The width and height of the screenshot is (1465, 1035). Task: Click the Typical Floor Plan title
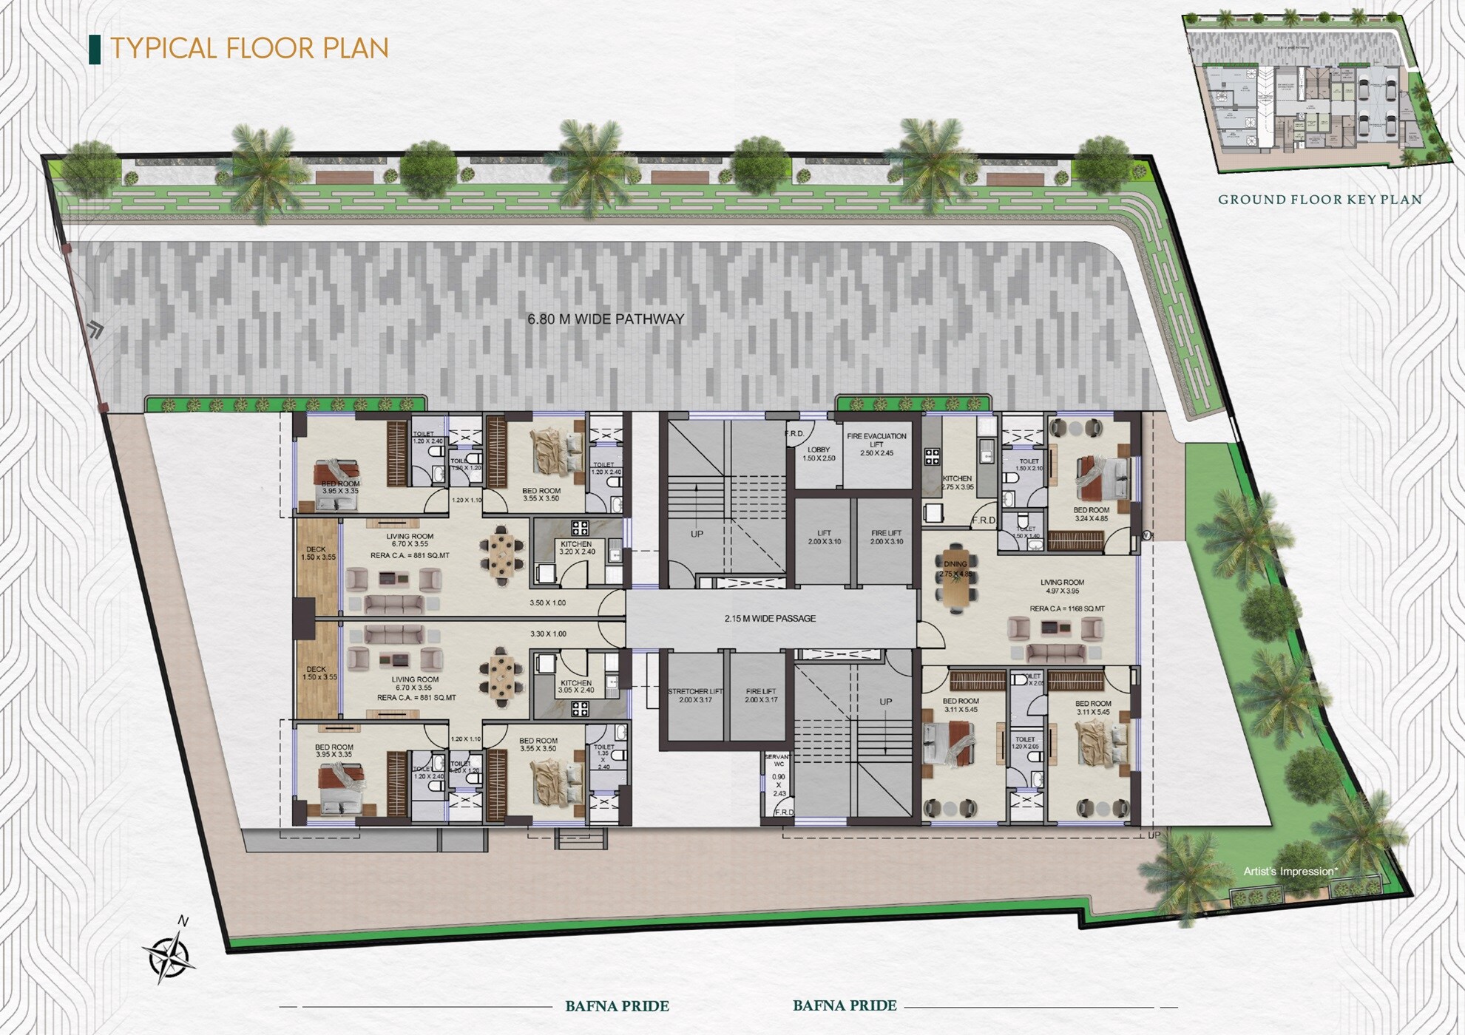click(x=249, y=48)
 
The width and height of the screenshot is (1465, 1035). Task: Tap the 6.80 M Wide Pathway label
click(x=606, y=319)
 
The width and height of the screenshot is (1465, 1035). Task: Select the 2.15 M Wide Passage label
click(x=770, y=619)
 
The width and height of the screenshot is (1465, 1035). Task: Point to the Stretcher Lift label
click(x=695, y=695)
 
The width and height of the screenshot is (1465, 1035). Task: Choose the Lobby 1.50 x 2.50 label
click(x=819, y=454)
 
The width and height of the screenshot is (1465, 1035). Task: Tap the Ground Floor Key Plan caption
click(x=1320, y=200)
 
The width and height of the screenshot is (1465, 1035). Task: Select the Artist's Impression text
click(x=1290, y=872)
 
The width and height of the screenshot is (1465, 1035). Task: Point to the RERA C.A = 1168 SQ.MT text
click(x=1067, y=609)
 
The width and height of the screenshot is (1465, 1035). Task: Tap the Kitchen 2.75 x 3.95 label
click(x=957, y=483)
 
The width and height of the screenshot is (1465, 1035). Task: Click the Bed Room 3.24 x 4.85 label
click(x=1091, y=514)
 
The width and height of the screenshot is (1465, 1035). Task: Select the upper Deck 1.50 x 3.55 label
click(x=319, y=553)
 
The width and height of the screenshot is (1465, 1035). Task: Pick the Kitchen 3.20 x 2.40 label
click(x=577, y=548)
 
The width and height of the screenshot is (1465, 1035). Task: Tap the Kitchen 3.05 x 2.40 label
click(x=576, y=687)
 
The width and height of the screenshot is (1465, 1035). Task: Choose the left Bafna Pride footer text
click(x=617, y=1006)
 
